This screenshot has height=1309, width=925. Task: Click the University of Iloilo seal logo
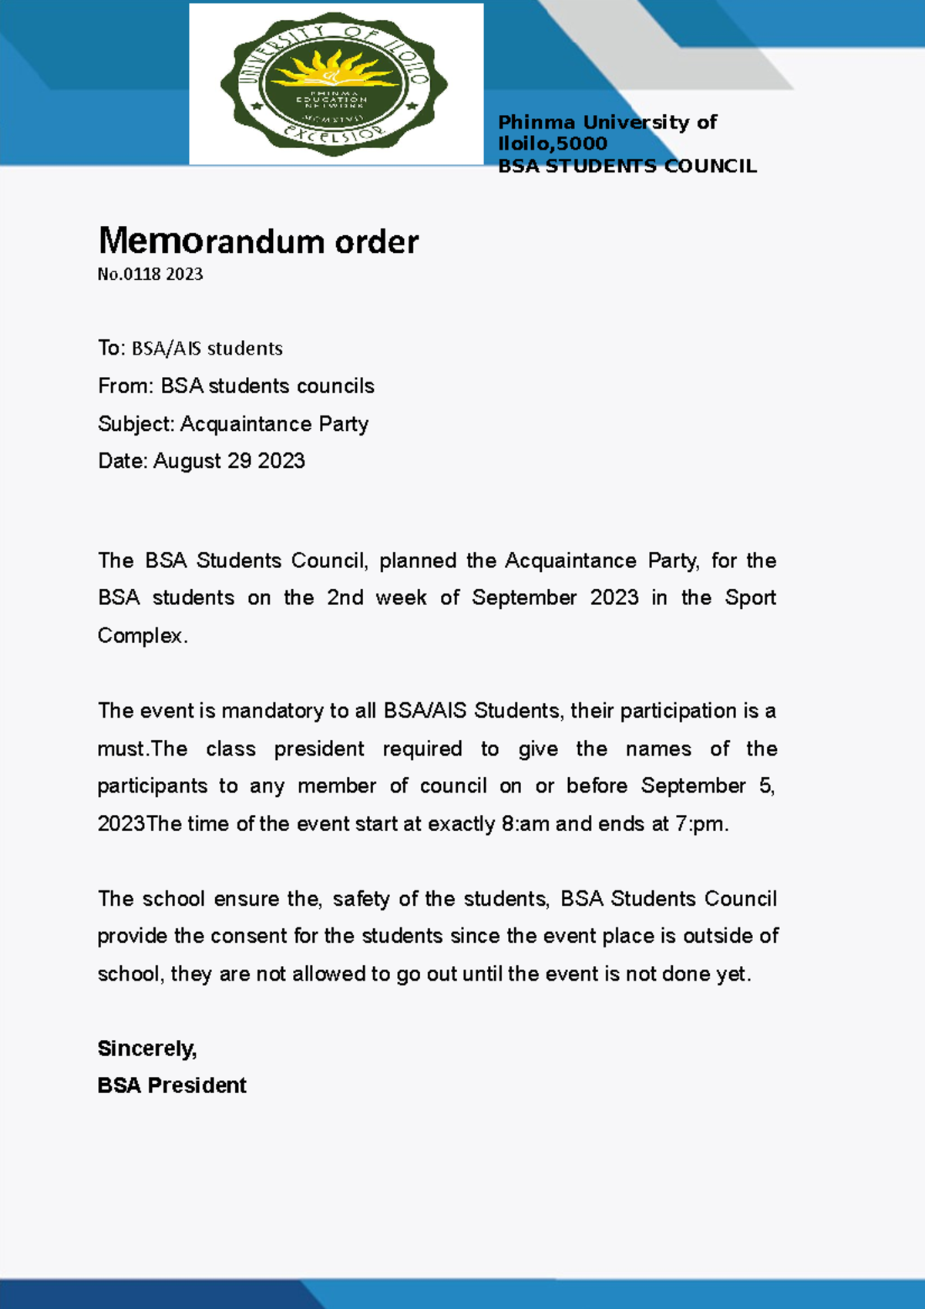(334, 83)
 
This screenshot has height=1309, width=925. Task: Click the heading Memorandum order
(258, 241)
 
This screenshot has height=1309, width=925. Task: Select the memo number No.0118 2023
(150, 274)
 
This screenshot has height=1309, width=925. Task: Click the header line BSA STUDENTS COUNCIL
(627, 167)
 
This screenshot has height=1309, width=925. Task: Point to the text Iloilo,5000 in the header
(552, 143)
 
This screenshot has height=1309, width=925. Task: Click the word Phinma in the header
(536, 123)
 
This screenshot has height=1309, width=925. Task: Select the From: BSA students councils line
(236, 385)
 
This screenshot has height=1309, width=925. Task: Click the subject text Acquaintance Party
(274, 424)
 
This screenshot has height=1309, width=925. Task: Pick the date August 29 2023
(229, 461)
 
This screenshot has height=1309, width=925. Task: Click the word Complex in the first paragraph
(140, 636)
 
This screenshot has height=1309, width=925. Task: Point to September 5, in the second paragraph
(707, 786)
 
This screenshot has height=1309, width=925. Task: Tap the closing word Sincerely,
(147, 1048)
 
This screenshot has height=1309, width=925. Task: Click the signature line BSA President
(172, 1085)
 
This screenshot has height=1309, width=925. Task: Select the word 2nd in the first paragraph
(345, 597)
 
